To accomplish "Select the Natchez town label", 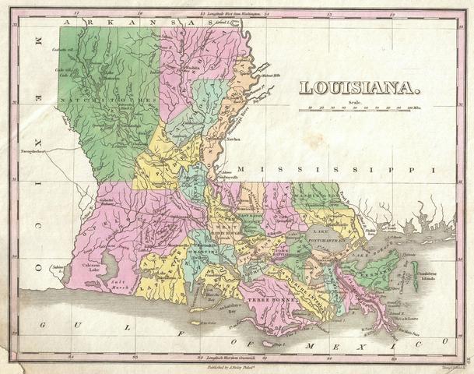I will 232,138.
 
